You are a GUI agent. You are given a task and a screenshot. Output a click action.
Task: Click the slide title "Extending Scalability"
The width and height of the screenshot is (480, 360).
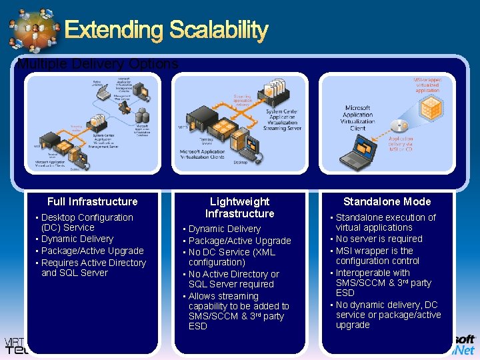[166, 30]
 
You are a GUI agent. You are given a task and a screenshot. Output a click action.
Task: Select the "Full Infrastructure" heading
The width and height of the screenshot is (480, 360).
[92, 201]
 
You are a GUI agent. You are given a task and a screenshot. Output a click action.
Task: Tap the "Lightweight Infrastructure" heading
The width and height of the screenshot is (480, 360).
[239, 207]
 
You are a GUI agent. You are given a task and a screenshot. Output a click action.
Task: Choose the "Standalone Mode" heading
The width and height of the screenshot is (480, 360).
[387, 201]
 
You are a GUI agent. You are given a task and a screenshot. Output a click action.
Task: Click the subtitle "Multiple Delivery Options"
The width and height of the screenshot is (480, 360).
[97, 65]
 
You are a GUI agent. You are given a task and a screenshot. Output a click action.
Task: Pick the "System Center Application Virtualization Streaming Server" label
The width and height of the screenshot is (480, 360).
[283, 120]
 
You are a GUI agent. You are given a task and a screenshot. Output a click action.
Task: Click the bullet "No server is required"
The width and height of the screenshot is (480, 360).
[379, 239]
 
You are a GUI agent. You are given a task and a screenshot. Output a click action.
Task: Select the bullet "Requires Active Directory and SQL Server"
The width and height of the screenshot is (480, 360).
[93, 267]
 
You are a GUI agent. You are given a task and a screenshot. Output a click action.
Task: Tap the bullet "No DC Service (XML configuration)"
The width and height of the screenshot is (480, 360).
[231, 257]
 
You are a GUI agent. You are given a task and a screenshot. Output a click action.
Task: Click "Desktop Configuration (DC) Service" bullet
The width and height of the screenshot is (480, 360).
[87, 222]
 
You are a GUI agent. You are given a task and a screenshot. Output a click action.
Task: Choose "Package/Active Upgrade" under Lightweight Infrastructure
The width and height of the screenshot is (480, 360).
[239, 241]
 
